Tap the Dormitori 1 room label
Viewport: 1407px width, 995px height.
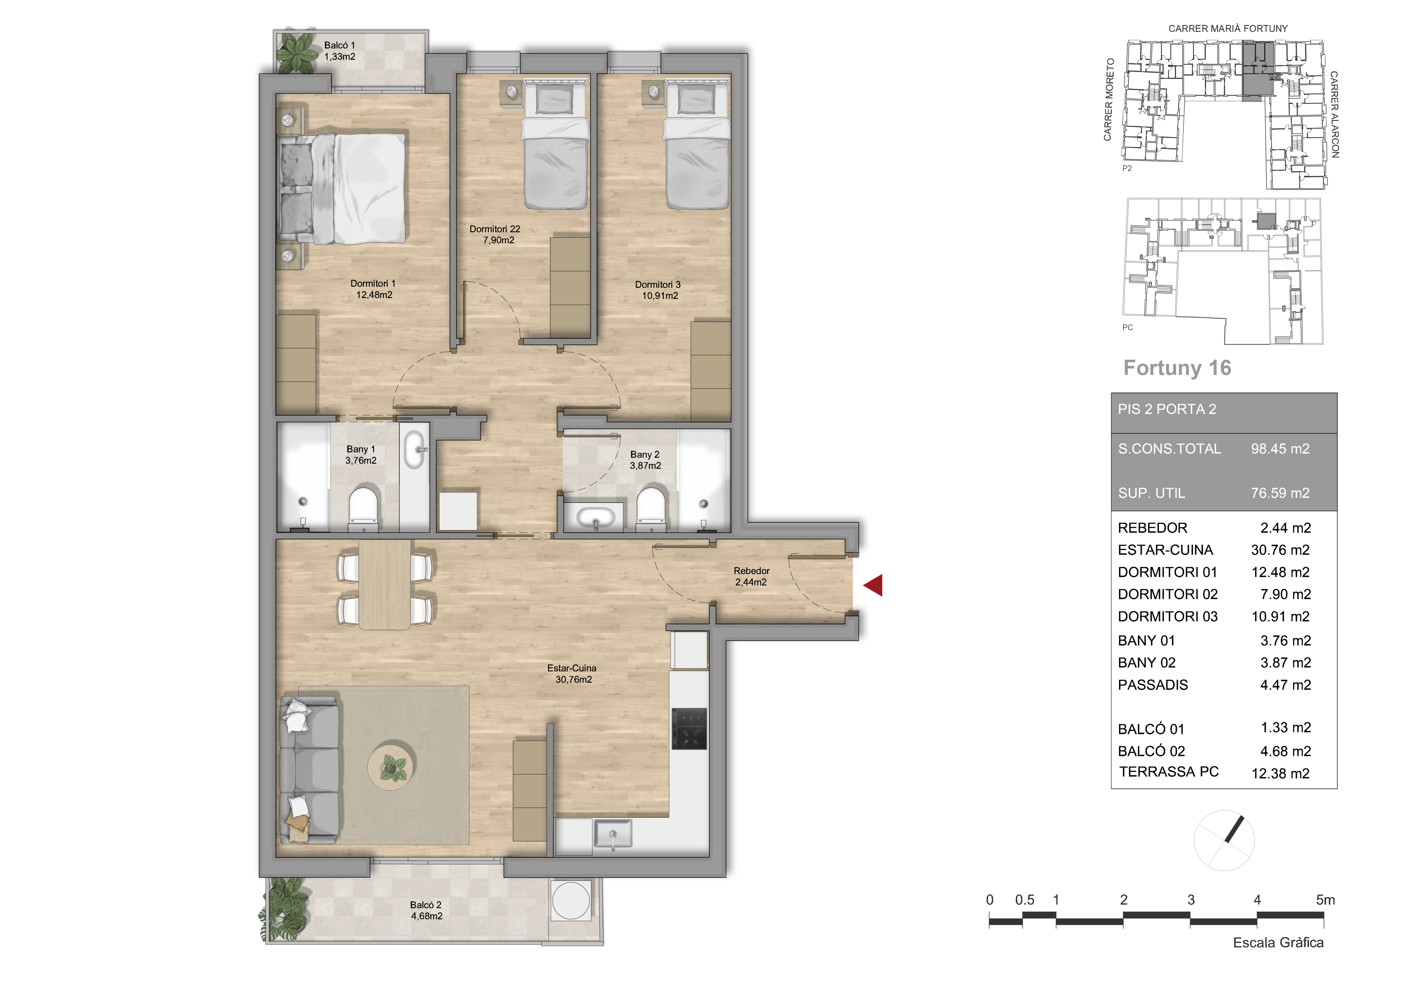coord(373,289)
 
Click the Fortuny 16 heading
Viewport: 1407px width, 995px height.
coord(1177,368)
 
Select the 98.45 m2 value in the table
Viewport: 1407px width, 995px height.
coord(1280,449)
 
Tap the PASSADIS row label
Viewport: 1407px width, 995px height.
coord(1153,685)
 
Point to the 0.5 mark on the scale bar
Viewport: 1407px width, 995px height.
coord(1025,900)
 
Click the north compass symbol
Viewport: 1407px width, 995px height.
coord(1224,840)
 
